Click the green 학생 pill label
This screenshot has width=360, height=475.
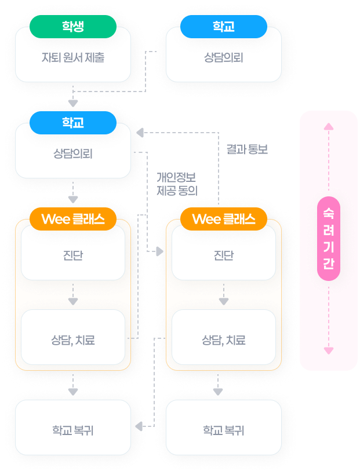73,26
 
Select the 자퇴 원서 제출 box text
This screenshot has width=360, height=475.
73,58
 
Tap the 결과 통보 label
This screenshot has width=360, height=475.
246,149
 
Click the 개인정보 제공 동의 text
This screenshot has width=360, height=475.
177,182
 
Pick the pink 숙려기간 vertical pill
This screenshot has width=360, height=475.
329,239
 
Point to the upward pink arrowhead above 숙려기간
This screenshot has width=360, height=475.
329,126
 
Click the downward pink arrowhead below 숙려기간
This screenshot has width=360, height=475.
329,350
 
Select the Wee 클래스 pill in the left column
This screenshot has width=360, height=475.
73,219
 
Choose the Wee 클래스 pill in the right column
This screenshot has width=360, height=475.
224,219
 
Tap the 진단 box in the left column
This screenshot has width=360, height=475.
73,255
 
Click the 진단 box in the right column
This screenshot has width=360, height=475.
224,255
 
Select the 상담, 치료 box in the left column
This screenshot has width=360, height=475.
73,340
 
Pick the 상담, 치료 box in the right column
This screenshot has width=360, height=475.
224,340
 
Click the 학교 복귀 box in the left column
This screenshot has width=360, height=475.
73,430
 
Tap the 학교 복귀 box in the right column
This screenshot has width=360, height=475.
224,430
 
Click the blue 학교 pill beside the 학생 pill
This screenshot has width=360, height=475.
224,26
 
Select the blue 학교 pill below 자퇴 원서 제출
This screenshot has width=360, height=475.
73,122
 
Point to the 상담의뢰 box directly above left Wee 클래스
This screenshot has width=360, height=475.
73,154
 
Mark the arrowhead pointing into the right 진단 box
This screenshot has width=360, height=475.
159,251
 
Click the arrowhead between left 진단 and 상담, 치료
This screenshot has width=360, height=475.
73,301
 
